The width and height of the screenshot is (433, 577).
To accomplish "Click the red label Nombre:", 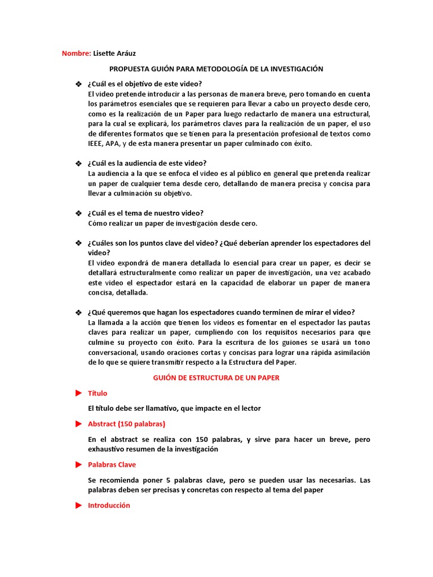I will (76, 54).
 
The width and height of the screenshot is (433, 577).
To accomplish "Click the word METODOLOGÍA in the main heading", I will (217, 69).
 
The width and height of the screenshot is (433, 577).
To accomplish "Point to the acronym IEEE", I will (96, 144).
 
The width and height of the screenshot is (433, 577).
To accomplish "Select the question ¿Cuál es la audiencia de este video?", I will (147, 163).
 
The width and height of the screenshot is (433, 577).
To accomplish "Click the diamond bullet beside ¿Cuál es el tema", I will (78, 213).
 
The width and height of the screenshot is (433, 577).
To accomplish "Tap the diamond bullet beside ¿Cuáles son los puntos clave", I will (78, 243).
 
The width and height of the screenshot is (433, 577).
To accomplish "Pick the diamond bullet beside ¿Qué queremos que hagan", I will (78, 313).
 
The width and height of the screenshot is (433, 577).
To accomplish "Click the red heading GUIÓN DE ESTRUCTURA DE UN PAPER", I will (216, 378).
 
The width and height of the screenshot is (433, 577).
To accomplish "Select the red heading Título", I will (98, 393).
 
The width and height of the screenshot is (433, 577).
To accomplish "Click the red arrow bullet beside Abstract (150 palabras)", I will (78, 424).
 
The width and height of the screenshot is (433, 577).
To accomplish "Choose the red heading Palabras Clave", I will (112, 465).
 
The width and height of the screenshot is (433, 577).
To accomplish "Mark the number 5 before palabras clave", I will (168, 480).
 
